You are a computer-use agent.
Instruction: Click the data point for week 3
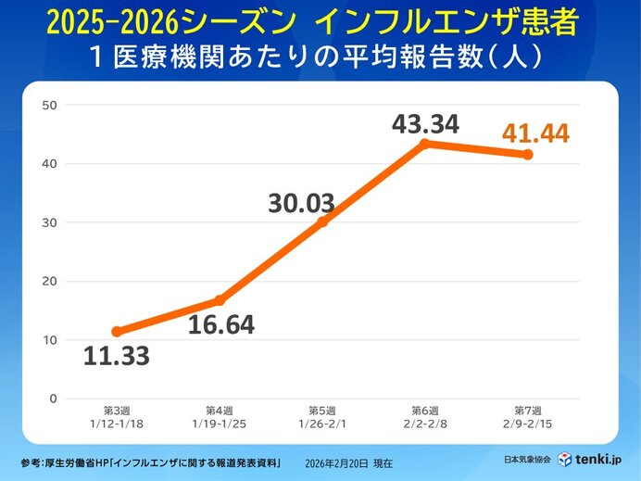coord(117,331)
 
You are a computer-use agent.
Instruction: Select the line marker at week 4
coord(220,300)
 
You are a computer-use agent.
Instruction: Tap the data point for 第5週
coord(322,222)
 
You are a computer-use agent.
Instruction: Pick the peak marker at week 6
coord(425,144)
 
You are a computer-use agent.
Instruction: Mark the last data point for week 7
coord(528,155)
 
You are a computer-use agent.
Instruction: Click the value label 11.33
coord(116,356)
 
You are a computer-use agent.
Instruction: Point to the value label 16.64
coord(220,325)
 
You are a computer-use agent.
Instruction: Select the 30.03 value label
coord(302,203)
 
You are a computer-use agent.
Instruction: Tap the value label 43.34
coord(425,123)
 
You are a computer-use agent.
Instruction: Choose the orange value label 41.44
coord(535,133)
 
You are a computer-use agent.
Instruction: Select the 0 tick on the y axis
coord(53,399)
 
